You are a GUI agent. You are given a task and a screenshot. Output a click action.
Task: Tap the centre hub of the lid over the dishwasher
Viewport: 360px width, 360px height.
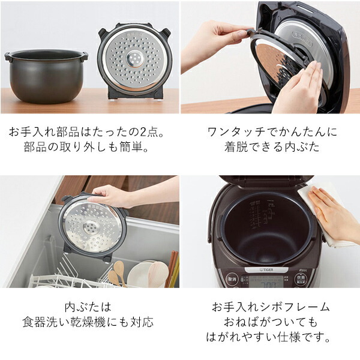click(x=92, y=227)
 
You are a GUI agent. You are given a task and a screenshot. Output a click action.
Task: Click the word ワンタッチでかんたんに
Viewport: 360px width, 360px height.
click(x=270, y=131)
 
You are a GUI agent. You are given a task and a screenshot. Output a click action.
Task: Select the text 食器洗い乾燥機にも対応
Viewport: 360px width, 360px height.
click(x=90, y=322)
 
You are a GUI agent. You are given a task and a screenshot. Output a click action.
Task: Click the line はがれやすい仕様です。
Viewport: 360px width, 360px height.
click(x=270, y=338)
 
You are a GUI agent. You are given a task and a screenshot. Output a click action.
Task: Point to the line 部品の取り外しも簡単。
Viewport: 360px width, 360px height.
click(x=90, y=146)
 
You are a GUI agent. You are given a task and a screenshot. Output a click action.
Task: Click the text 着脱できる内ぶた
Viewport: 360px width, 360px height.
click(x=270, y=146)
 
